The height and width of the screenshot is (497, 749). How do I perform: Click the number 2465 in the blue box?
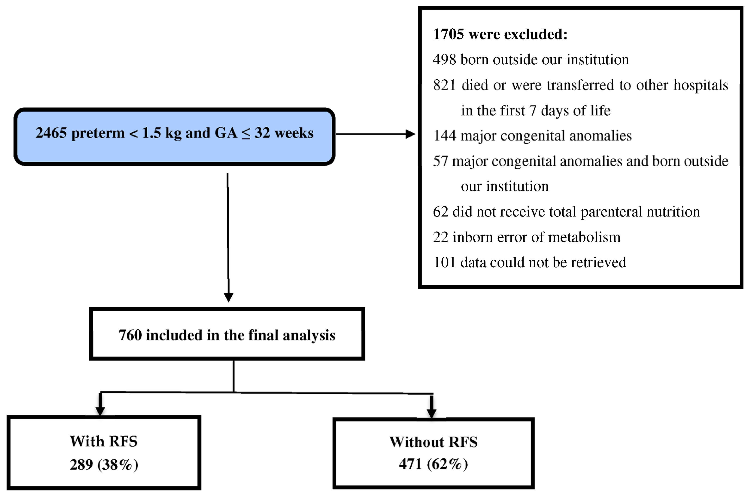click(x=51, y=133)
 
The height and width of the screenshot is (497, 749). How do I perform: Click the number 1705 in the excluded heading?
click(x=448, y=34)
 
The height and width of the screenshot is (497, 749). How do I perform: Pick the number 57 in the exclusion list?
click(x=440, y=161)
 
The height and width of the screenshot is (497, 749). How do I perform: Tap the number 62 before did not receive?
click(x=440, y=212)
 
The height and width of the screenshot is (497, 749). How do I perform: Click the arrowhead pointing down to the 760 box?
click(x=228, y=297)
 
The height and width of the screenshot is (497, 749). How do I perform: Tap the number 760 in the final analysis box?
click(x=130, y=335)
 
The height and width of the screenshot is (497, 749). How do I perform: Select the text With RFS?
click(x=104, y=441)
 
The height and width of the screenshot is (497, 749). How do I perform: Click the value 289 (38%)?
click(x=104, y=465)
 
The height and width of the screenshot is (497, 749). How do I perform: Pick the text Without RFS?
click(x=433, y=442)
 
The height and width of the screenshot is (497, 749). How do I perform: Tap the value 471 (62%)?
click(x=433, y=464)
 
